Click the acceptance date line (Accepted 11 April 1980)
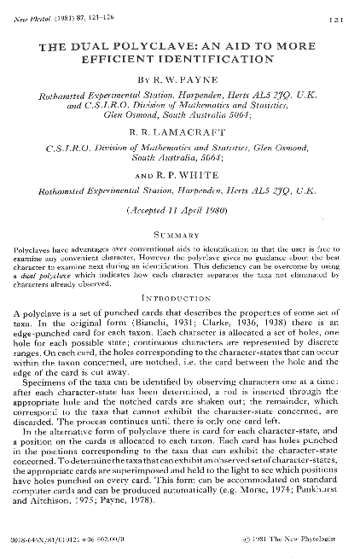pos(180,208)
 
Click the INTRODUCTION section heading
pos(180,299)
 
